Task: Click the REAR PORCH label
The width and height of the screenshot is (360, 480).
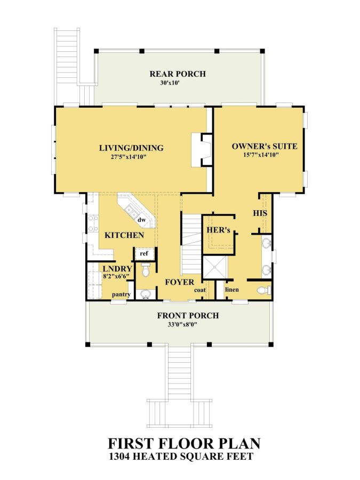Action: [178, 74]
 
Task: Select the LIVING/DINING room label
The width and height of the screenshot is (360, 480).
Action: [131, 148]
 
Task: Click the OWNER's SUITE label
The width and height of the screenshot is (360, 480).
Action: [265, 146]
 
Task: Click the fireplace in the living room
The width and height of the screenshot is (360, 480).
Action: [202, 150]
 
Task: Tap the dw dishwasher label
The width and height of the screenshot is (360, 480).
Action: [141, 220]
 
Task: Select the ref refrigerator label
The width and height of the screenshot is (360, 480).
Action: [144, 253]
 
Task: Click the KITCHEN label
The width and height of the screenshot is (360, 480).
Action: [124, 235]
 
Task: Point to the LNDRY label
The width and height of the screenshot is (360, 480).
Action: [117, 269]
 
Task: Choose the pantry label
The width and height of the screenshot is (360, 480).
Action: [121, 294]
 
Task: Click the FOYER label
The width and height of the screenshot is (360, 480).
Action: [180, 282]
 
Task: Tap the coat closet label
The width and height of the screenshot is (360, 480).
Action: [200, 290]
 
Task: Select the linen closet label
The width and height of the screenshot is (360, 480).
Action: [232, 289]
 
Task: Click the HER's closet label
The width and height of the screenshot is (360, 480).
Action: [218, 229]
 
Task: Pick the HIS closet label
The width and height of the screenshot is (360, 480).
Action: [260, 213]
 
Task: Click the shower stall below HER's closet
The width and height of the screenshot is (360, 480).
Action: [215, 268]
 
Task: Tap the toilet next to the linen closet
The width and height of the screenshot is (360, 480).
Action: [264, 290]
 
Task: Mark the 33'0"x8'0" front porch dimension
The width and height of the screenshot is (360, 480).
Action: [182, 324]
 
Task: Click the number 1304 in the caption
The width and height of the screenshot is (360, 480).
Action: [121, 457]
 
